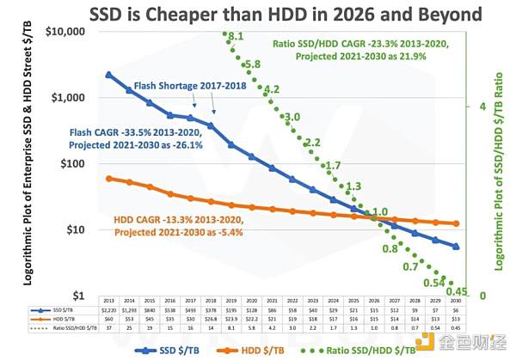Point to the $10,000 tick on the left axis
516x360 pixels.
coord(65,31)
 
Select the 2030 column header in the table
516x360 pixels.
coord(456,301)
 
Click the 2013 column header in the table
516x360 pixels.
coord(108,301)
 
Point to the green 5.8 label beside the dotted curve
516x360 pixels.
coord(252,64)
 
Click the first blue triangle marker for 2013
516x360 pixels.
coord(108,75)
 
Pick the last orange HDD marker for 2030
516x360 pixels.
coord(456,223)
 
